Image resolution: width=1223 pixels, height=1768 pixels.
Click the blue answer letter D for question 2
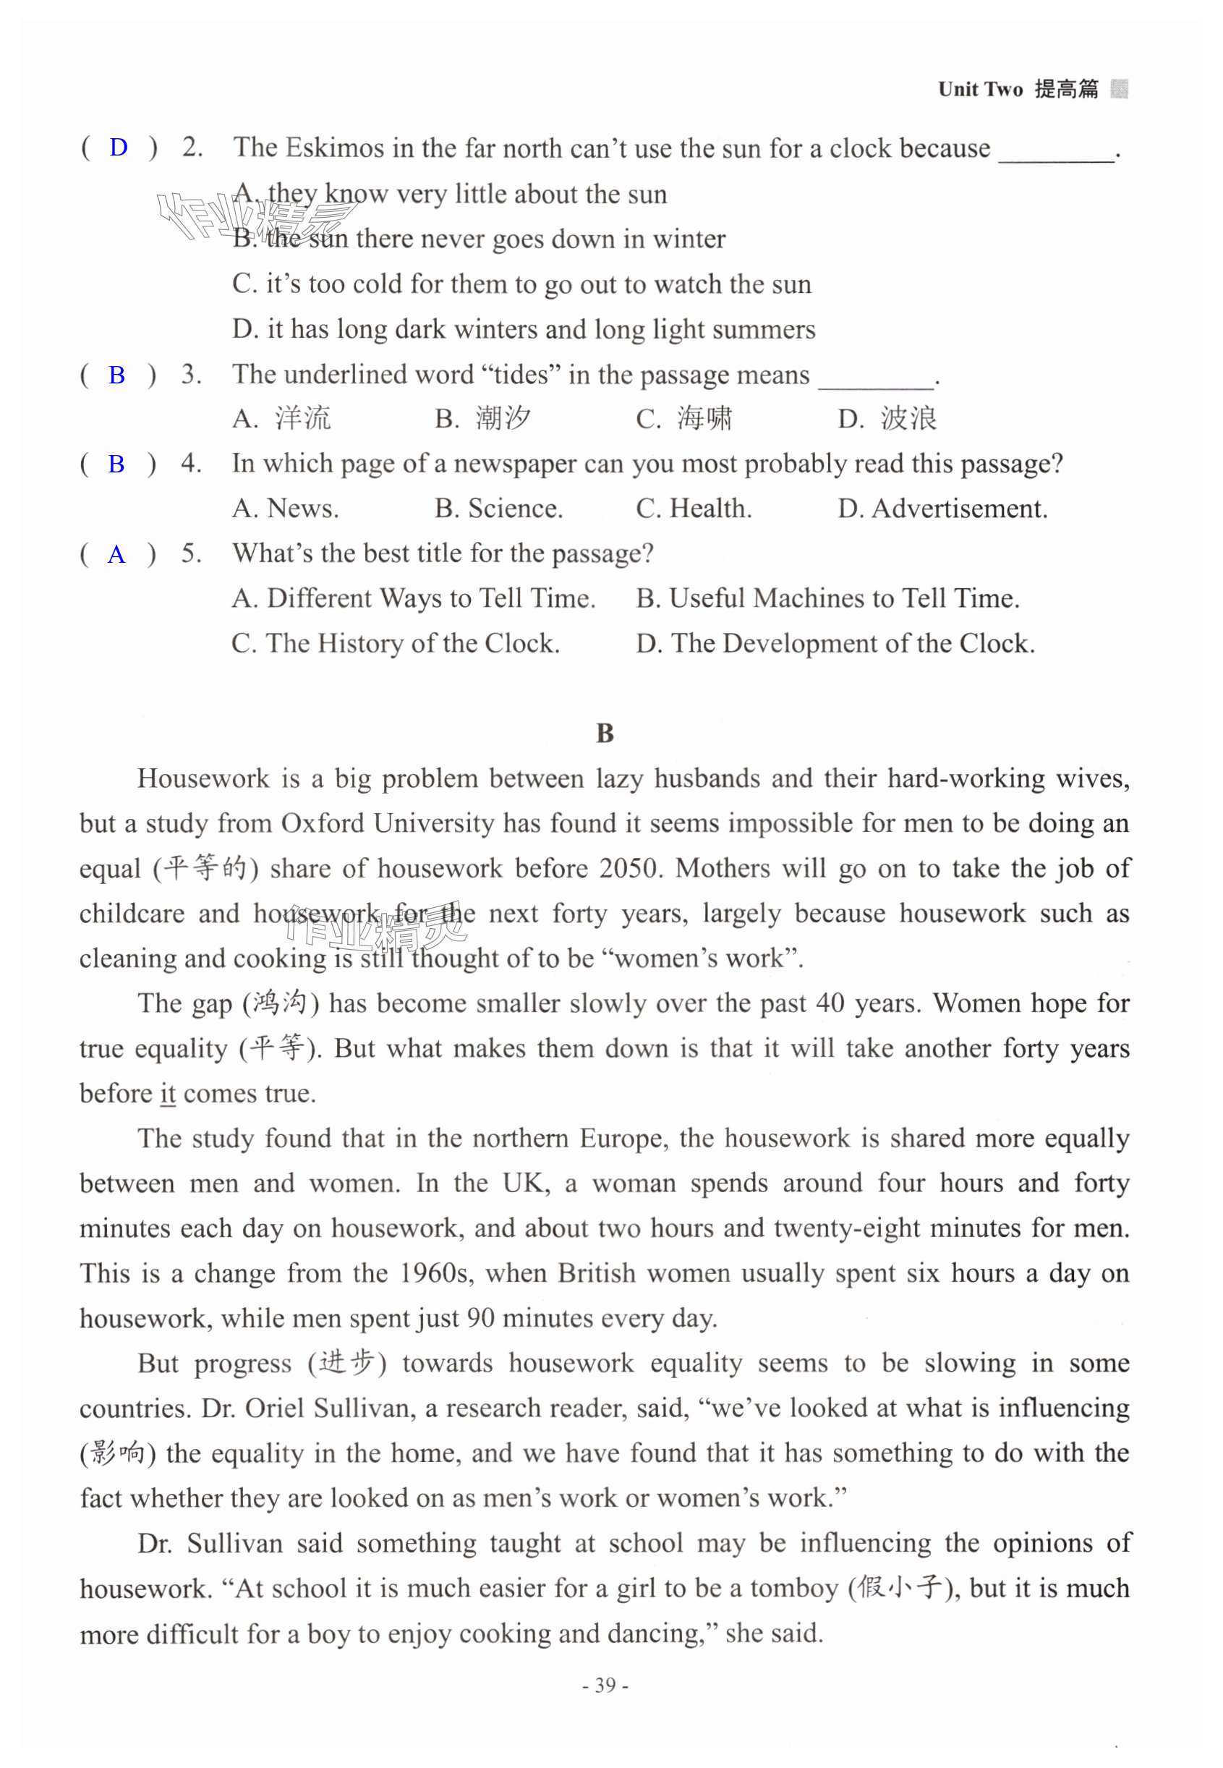118,147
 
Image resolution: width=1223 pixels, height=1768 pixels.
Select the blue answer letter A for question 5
116,554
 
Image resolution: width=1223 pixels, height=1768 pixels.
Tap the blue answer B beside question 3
116,375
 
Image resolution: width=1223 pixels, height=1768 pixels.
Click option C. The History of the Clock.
396,643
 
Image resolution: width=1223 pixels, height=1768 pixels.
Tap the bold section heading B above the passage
605,734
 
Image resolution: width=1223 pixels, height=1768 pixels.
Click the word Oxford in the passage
323,823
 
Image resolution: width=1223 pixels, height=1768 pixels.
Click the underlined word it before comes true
168,1093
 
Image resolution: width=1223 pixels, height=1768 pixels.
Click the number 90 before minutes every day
480,1318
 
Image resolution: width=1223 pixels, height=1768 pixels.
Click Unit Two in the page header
980,90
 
